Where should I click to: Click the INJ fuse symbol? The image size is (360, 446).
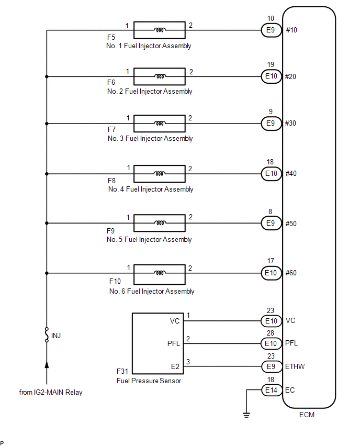47,335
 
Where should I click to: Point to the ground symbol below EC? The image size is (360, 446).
246,415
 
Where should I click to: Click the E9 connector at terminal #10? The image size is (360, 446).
271,30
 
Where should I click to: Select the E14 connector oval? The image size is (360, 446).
272,390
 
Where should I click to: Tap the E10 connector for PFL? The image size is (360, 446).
271,343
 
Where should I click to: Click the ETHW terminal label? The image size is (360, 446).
295,366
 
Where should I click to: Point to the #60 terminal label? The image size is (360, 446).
291,273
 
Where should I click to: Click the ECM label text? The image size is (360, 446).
307,415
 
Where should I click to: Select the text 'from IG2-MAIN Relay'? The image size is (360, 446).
51,392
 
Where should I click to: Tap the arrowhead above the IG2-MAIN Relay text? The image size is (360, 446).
47,364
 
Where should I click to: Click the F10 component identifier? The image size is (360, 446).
115,281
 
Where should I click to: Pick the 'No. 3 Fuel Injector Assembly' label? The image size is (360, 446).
150,139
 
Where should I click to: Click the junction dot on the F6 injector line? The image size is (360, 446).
47,76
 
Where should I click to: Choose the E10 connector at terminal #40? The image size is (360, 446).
271,173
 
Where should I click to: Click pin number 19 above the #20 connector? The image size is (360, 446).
271,64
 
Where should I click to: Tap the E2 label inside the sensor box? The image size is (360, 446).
175,366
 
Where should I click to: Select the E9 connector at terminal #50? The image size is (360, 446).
271,224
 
